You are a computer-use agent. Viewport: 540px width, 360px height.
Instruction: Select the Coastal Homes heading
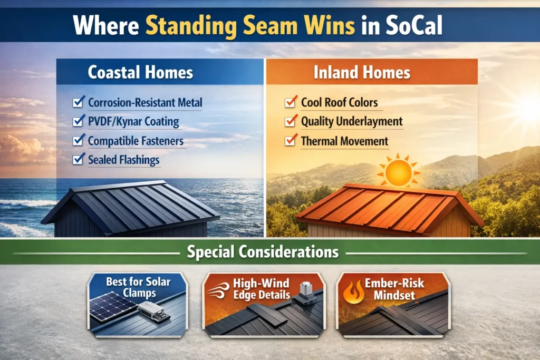tap(140, 72)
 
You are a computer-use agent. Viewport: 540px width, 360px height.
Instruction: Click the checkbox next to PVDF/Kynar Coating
tap(79, 122)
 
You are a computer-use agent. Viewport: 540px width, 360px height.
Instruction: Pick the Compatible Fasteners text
tap(136, 141)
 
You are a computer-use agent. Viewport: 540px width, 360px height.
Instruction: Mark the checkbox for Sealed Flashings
tap(79, 160)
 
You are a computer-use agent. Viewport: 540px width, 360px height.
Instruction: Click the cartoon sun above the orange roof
tap(399, 172)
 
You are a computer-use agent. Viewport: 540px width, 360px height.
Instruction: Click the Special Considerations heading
tap(263, 252)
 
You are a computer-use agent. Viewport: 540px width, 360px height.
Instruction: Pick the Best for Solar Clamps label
tap(138, 288)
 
